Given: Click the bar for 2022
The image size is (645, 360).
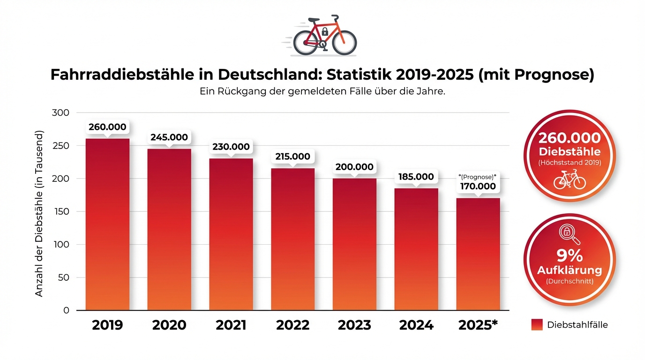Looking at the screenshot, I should (292, 239).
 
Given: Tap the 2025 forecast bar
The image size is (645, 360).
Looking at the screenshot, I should (478, 253).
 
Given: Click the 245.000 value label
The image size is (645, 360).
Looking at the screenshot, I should (169, 137).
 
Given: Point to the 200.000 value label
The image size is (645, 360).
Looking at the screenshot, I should (354, 167).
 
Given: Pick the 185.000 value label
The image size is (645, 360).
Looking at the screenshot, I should (416, 177).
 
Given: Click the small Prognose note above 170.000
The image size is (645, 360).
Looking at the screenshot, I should (477, 177).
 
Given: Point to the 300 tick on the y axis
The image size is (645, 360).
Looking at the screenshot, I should (62, 113).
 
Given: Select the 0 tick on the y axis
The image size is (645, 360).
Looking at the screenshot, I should (66, 310).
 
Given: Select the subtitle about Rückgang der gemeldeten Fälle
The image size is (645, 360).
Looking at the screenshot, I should (322, 92).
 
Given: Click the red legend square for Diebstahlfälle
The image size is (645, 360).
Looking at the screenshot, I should (537, 324).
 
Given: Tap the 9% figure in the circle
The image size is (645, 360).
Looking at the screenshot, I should (570, 256).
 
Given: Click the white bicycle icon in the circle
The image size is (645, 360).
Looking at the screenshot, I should (570, 180).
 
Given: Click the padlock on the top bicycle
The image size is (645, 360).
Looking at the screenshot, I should (324, 32).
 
